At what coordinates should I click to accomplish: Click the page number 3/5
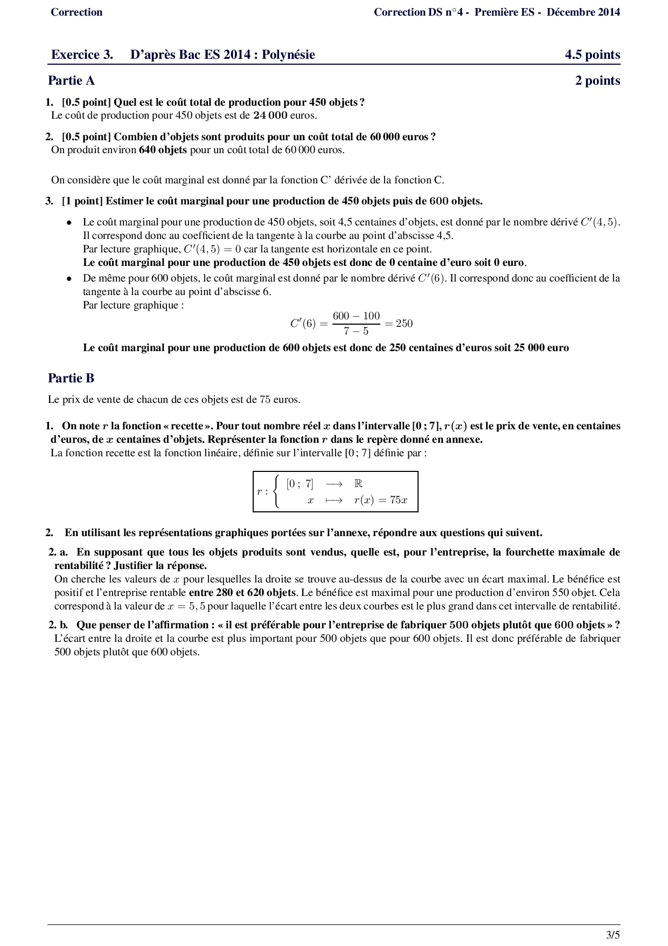tap(613, 935)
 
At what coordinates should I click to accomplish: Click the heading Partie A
tap(71, 81)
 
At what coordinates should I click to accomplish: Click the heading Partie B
tap(71, 378)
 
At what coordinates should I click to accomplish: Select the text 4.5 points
tap(592, 55)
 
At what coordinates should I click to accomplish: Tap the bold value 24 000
tap(270, 115)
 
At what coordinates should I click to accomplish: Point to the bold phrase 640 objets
tap(163, 150)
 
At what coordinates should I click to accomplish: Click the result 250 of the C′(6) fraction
tap(404, 324)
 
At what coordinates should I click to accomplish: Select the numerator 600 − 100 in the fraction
tap(356, 316)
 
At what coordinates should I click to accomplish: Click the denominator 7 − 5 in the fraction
tap(356, 331)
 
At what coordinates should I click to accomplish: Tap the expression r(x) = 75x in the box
tap(381, 500)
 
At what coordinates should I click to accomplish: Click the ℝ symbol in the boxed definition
tap(358, 484)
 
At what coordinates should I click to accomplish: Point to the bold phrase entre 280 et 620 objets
tap(242, 593)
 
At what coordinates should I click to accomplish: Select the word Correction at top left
tap(76, 12)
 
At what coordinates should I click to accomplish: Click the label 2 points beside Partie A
tap(597, 81)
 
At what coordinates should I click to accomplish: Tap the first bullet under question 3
tap(69, 222)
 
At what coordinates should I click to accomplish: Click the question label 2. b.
tap(58, 625)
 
